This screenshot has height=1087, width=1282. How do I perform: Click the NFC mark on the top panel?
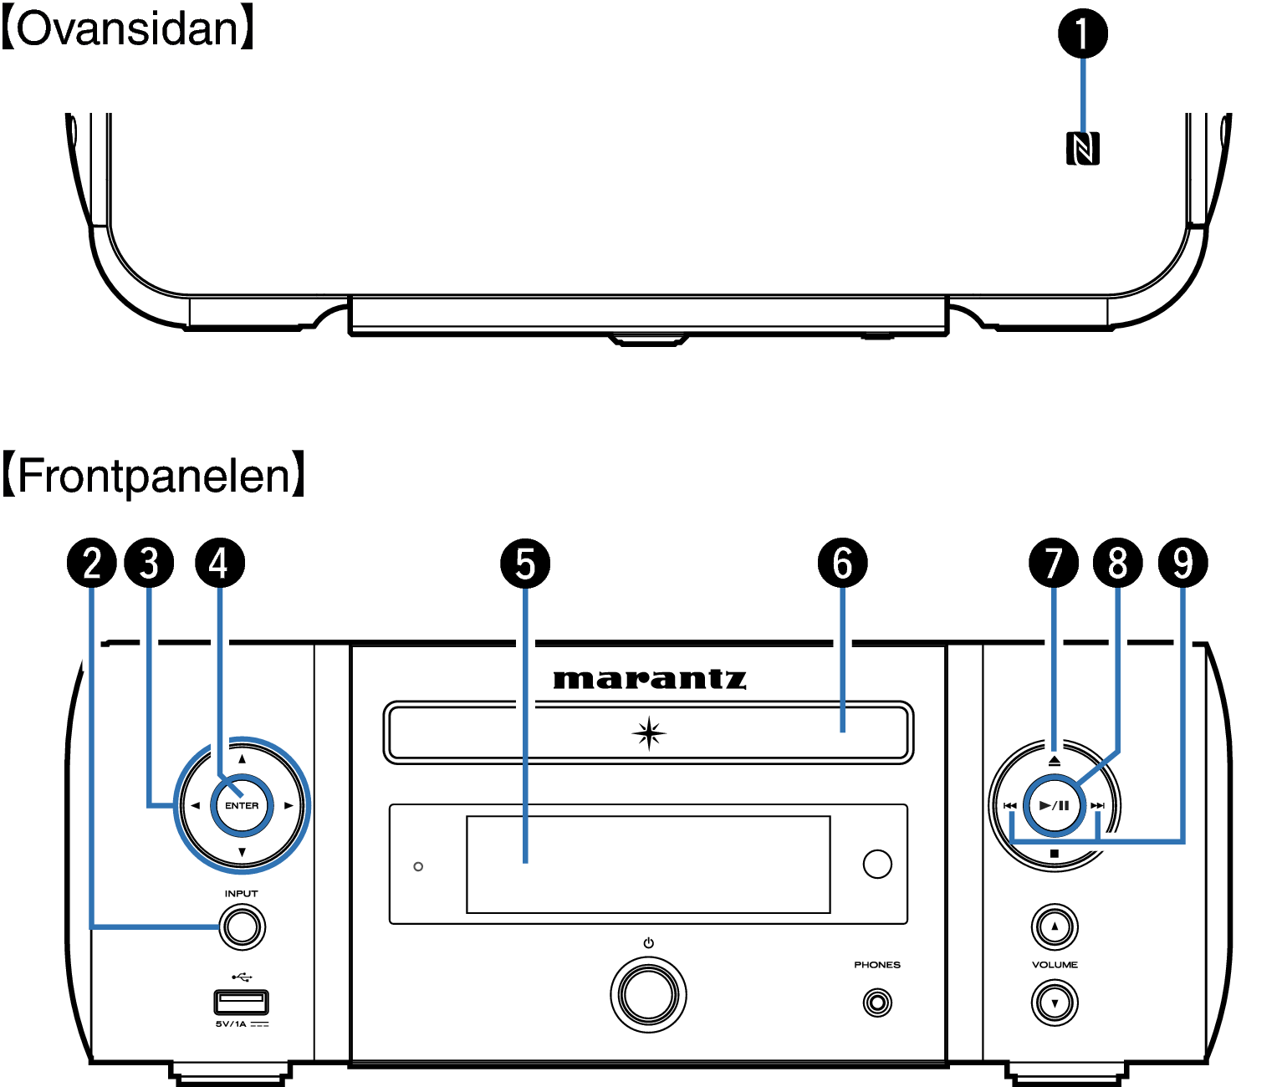tap(1082, 149)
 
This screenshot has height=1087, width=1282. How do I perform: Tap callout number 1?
tap(1082, 33)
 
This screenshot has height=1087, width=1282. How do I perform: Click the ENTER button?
tap(242, 805)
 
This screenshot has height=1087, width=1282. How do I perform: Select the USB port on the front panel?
tap(242, 1002)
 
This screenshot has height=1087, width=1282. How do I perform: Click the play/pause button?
tap(1055, 805)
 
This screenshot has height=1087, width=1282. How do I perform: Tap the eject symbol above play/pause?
tap(1055, 761)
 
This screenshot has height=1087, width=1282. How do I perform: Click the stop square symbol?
tap(1055, 854)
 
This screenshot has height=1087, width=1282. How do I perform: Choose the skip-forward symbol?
tap(1097, 805)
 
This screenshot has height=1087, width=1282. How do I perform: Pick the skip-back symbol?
tap(1010, 805)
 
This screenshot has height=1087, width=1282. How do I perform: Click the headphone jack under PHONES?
tap(877, 1003)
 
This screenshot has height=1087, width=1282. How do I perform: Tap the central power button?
tap(648, 995)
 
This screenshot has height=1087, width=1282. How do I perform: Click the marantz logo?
tap(650, 680)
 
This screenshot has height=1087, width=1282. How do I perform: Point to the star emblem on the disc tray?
tap(649, 733)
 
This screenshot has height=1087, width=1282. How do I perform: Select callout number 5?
tap(525, 563)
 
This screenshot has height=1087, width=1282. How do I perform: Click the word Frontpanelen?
tap(154, 476)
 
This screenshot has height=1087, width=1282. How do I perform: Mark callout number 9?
tap(1182, 563)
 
